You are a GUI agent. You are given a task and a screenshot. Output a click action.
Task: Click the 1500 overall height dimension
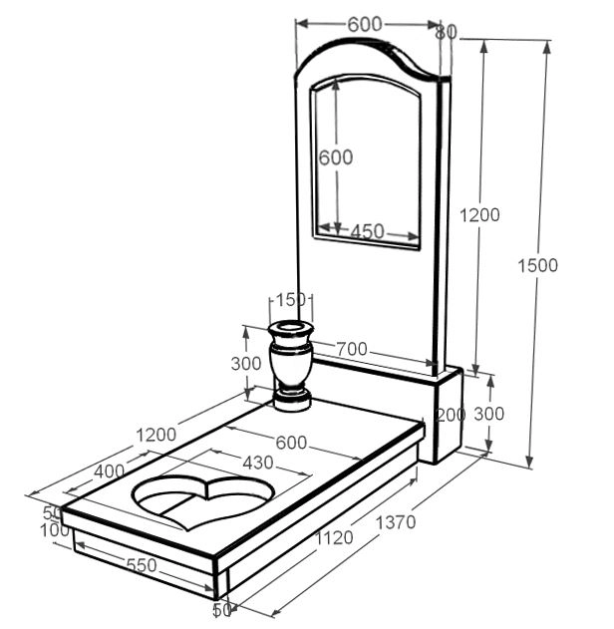coord(537,265)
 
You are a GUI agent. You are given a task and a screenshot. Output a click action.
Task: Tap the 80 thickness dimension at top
coord(447,33)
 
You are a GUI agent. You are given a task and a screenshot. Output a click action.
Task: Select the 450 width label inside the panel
coord(368,231)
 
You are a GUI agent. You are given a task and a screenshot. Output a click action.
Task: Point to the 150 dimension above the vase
coord(291,300)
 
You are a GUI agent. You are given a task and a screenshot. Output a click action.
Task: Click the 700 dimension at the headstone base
coord(351,349)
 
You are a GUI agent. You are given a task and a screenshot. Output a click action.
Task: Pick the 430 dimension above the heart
coord(258,463)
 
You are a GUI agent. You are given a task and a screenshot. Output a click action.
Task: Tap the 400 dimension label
coord(109,472)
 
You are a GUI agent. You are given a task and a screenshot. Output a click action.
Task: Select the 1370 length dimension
coord(396,522)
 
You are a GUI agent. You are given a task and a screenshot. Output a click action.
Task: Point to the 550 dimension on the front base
coord(142,565)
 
